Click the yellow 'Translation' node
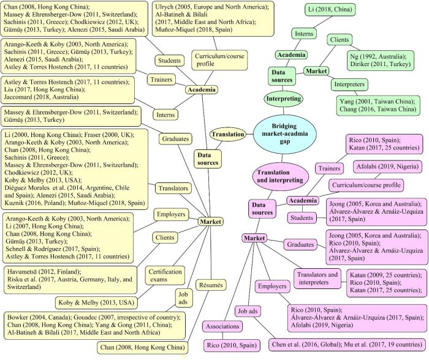coord(227,134)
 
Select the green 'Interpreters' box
coord(349,84)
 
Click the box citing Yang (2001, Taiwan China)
coord(382,105)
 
